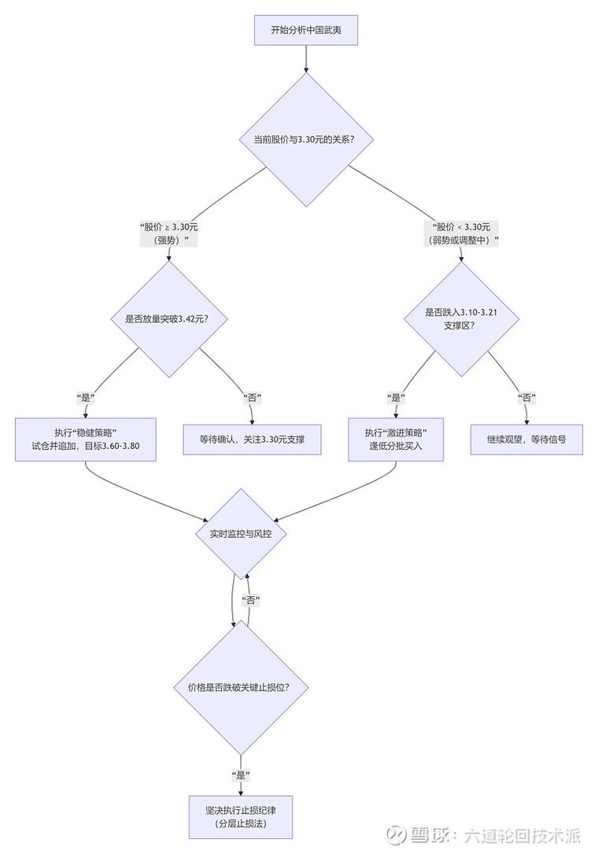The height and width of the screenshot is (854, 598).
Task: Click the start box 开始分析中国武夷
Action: coord(305,31)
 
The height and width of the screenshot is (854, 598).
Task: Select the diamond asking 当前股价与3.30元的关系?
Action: coord(305,139)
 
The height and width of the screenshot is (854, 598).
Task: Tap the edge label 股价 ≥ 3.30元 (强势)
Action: coord(168,234)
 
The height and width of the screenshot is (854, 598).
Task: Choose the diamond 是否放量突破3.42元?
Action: coord(166,318)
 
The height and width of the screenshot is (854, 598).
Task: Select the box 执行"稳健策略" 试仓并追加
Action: coord(86,440)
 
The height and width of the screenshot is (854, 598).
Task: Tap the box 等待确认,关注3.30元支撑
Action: coord(253,440)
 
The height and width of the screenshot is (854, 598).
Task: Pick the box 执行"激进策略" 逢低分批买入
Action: coord(396,440)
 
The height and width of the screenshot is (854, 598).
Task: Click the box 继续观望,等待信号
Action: coord(526,440)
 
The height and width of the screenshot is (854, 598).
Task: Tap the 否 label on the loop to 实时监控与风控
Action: coord(251,601)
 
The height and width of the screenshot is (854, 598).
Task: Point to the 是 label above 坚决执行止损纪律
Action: coord(241,775)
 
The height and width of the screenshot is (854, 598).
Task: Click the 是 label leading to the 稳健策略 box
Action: coord(86,397)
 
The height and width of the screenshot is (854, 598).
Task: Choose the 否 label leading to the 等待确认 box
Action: coord(253,397)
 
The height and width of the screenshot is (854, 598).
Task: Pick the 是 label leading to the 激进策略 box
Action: coord(396,397)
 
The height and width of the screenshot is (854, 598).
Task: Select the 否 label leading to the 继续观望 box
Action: coord(526,397)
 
